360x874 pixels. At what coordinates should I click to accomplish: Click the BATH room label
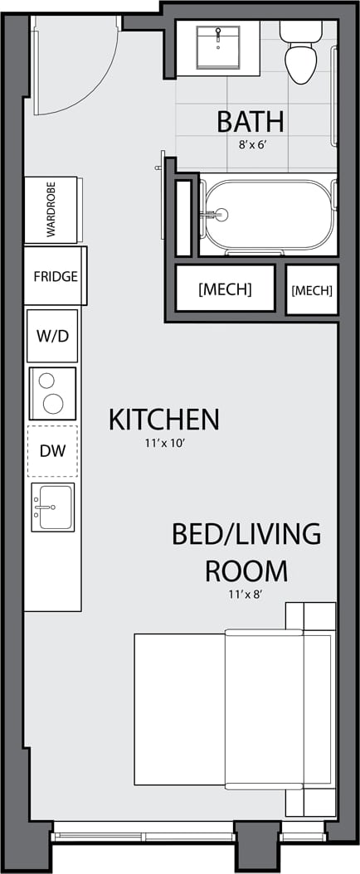click(250, 121)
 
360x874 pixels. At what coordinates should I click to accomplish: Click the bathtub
click(268, 215)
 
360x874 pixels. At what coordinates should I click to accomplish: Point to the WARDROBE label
click(51, 211)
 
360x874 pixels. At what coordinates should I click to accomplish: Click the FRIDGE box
click(56, 276)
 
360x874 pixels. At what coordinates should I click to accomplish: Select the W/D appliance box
click(52, 336)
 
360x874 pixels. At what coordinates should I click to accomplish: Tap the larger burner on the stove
click(53, 404)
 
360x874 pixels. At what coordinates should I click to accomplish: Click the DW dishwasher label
click(52, 451)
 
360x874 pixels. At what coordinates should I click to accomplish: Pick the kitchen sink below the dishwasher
click(52, 507)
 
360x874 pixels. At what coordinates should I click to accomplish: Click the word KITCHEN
click(163, 420)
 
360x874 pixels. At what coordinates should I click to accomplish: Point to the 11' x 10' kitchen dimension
click(163, 444)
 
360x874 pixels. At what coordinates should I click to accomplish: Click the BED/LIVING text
click(246, 534)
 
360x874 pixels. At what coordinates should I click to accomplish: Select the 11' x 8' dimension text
click(246, 594)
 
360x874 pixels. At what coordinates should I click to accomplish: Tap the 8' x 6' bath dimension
click(250, 143)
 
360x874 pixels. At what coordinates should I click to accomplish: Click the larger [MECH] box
click(225, 289)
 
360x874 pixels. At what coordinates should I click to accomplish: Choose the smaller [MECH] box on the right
click(312, 290)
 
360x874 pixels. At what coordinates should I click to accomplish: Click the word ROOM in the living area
click(246, 571)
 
